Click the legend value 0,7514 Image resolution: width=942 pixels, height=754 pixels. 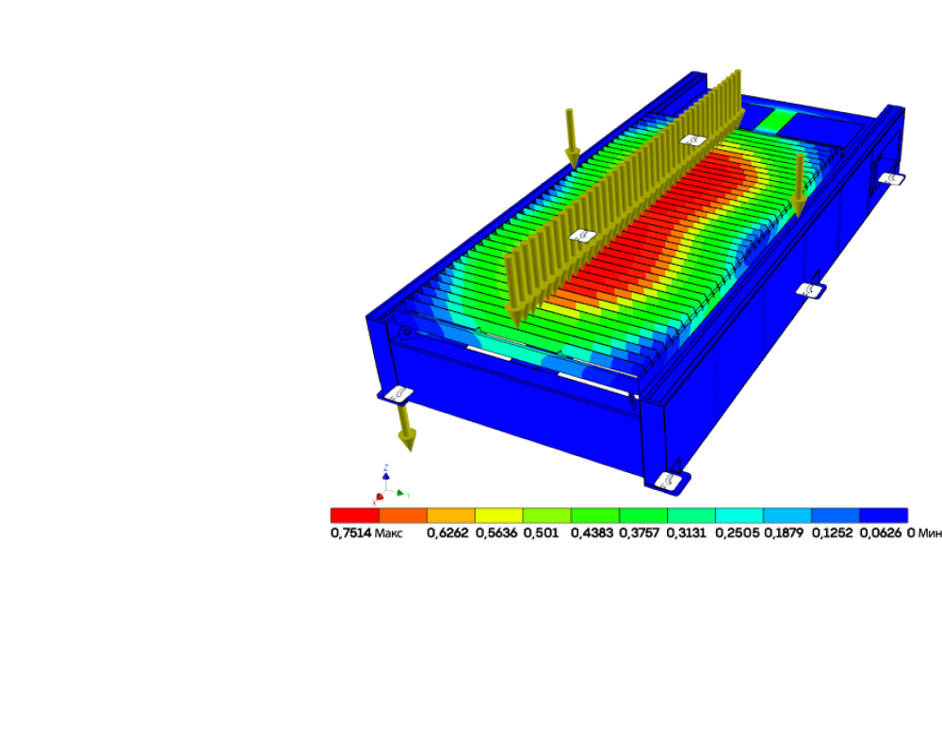(350, 533)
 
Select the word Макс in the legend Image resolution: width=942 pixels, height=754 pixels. (388, 533)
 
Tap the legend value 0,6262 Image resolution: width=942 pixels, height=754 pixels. (447, 533)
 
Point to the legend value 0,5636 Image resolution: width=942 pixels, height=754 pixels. (496, 533)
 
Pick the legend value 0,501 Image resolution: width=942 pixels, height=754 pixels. (542, 533)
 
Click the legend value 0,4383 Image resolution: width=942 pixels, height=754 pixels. (592, 533)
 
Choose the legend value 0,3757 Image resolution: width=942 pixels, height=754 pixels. (640, 533)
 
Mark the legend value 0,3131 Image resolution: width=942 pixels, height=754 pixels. (687, 533)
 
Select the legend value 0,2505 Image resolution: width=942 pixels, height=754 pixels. (738, 533)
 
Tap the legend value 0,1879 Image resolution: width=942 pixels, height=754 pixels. (784, 533)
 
